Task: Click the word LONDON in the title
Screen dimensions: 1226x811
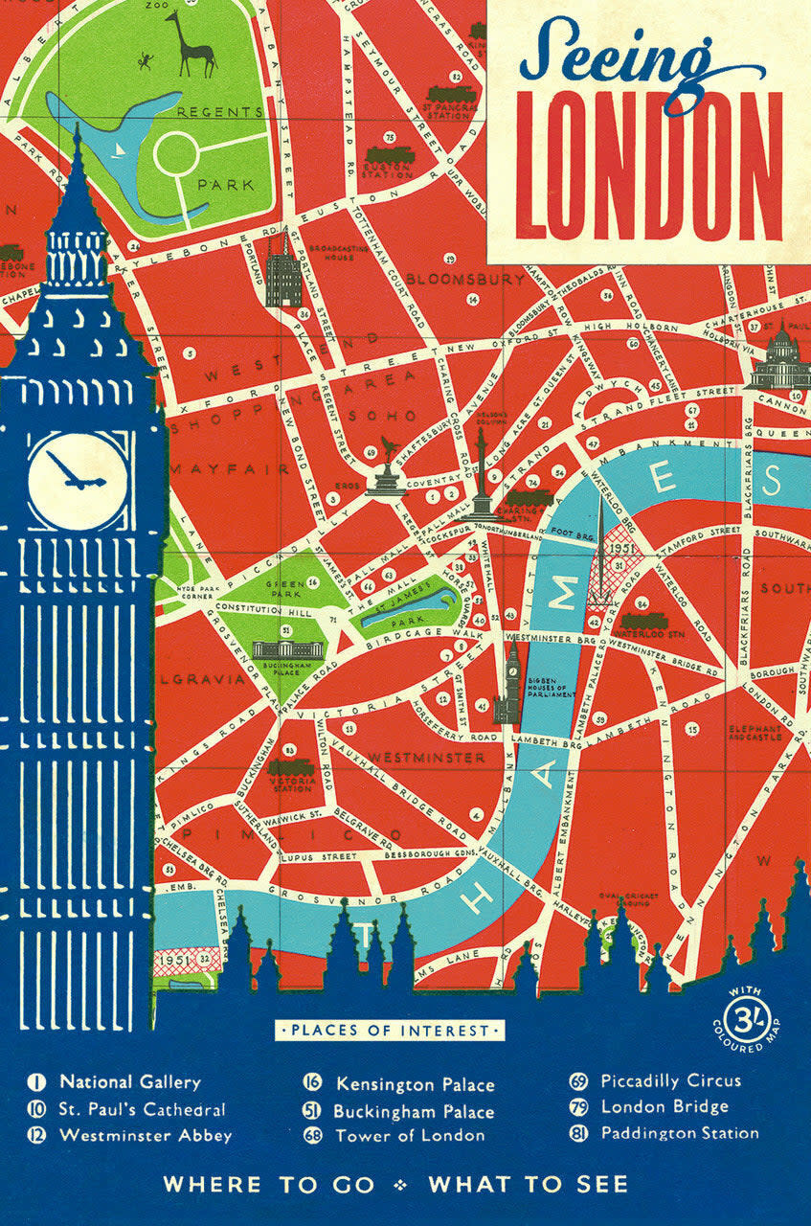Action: tap(650, 166)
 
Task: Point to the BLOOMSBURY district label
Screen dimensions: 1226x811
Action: tap(465, 280)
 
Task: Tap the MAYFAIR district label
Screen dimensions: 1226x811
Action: tap(230, 469)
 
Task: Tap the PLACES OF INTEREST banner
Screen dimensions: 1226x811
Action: tap(391, 1031)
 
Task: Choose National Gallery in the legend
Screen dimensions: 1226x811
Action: tap(130, 1082)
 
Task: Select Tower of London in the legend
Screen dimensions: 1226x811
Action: tap(410, 1136)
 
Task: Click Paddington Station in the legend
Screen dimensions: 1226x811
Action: tap(680, 1133)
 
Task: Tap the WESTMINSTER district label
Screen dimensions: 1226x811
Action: tap(427, 759)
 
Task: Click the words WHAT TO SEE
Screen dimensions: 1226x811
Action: tap(529, 1185)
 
